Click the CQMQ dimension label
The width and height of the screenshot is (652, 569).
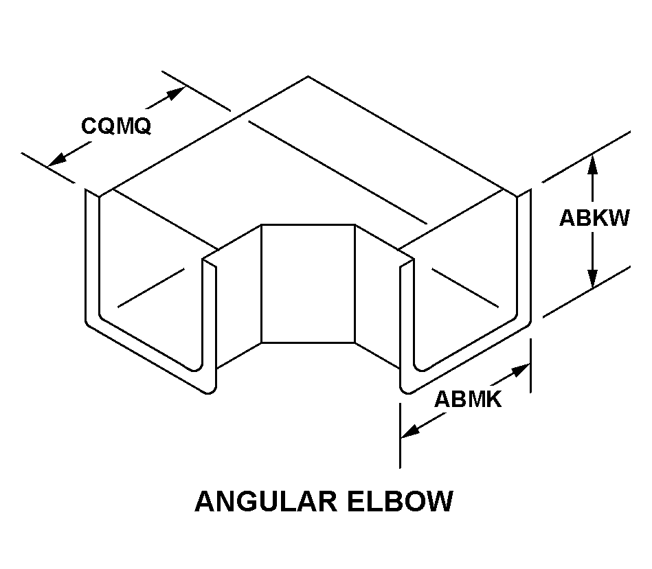click(115, 126)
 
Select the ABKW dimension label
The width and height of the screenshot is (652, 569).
click(594, 218)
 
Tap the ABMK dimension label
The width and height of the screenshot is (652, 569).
click(468, 399)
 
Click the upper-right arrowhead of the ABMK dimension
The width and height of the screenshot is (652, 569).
click(521, 369)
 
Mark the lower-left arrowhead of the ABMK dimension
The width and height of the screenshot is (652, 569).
click(409, 432)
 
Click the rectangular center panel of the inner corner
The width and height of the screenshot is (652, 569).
click(308, 283)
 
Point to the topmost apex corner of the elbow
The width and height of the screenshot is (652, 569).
click(307, 76)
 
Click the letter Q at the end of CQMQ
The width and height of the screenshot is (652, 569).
click(142, 126)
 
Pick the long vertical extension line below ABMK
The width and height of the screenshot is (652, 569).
click(400, 439)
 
